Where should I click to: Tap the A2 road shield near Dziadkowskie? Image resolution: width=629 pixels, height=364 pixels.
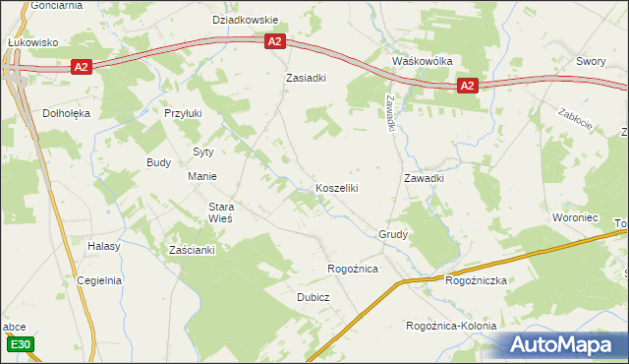(x=274, y=41)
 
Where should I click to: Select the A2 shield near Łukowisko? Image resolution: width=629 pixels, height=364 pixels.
(x=81, y=67)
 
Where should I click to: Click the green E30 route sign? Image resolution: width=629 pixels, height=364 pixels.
(x=20, y=344)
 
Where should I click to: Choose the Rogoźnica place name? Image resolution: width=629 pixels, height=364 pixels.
(x=353, y=270)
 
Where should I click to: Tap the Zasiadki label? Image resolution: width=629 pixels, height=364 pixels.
(x=306, y=77)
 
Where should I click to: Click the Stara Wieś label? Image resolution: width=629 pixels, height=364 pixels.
(x=220, y=213)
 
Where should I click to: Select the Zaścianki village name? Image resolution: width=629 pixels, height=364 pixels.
(x=192, y=250)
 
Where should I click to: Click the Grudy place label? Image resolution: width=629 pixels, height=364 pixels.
(x=393, y=235)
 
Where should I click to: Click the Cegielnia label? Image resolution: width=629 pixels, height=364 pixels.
(x=99, y=280)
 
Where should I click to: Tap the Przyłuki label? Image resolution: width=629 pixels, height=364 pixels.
(x=183, y=113)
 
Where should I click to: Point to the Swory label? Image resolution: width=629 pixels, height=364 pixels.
(x=591, y=61)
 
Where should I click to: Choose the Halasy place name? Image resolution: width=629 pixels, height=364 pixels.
(x=103, y=246)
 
